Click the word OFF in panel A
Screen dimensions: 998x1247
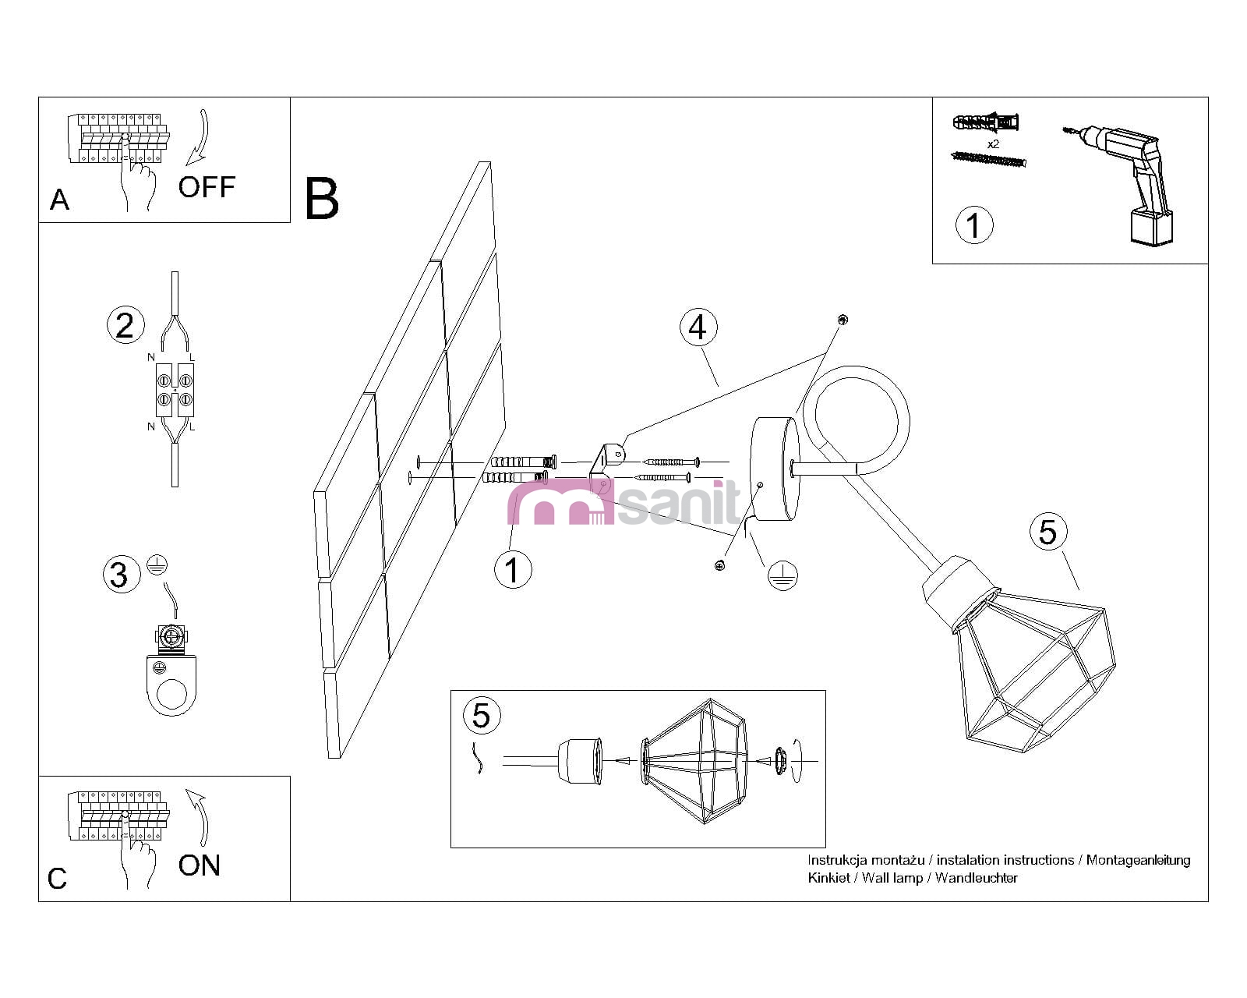pyautogui.click(x=207, y=187)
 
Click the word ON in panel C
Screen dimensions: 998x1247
pyautogui.click(x=200, y=865)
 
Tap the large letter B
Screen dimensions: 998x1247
pyautogui.click(x=322, y=199)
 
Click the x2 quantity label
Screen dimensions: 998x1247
pyautogui.click(x=993, y=144)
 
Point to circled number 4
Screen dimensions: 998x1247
pyautogui.click(x=698, y=327)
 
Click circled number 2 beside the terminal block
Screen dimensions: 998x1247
pyautogui.click(x=125, y=325)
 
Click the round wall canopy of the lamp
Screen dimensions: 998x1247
pyautogui.click(x=774, y=469)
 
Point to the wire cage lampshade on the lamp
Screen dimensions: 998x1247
pyautogui.click(x=1033, y=671)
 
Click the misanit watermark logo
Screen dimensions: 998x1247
pyautogui.click(x=623, y=503)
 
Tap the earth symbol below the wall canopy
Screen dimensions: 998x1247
pyautogui.click(x=782, y=575)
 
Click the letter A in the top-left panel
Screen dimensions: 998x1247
pyautogui.click(x=59, y=200)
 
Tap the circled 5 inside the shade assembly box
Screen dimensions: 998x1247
pyautogui.click(x=482, y=715)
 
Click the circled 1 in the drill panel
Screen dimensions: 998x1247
pyautogui.click(x=973, y=225)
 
